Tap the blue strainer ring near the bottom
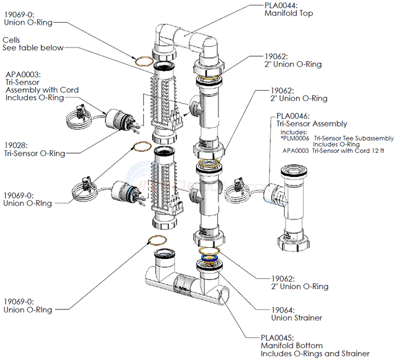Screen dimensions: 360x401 211,258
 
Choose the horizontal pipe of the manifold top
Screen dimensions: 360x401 185,38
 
